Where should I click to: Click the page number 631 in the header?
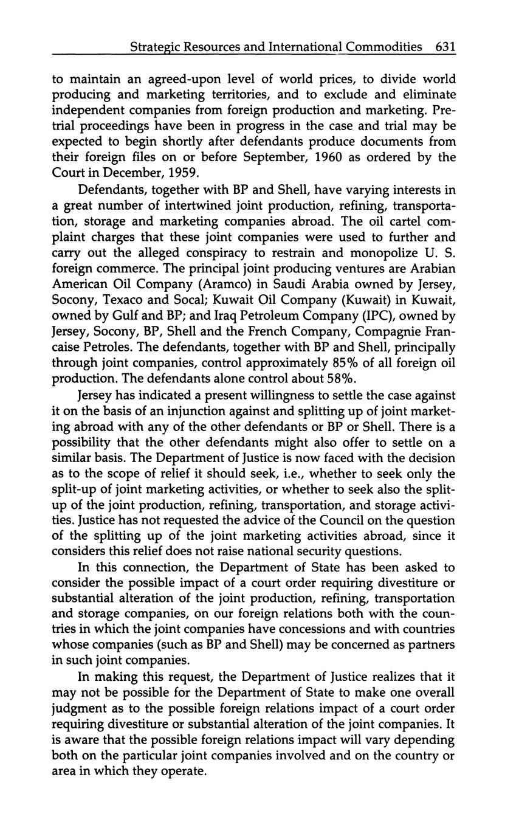click(x=445, y=47)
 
